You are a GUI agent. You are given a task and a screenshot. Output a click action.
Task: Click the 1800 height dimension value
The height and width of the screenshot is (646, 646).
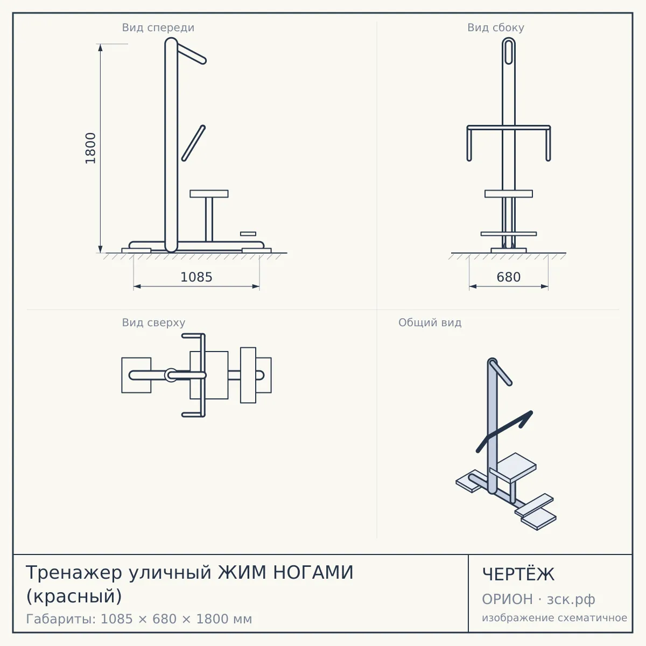tap(90, 148)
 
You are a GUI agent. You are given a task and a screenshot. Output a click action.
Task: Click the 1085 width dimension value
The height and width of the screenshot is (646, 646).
tap(196, 277)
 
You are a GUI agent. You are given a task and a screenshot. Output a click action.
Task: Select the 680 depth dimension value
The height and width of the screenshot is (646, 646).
tap(509, 277)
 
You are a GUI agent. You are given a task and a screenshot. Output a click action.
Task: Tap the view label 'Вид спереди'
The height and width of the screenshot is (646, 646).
tap(158, 27)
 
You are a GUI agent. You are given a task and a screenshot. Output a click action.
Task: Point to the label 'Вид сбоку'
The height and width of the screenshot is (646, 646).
tap(496, 27)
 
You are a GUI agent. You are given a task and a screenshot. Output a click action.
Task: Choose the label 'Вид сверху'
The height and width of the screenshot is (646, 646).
tap(153, 322)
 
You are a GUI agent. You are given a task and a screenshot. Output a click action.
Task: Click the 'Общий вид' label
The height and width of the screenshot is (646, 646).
tap(430, 322)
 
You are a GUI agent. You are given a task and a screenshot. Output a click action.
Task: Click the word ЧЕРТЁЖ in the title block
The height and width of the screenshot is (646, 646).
tap(518, 574)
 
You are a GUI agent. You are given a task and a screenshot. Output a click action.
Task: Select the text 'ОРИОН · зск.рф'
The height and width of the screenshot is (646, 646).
tap(538, 599)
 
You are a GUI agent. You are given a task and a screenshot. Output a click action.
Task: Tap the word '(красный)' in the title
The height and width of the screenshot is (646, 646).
tap(74, 596)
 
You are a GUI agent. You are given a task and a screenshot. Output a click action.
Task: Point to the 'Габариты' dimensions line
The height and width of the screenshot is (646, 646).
tap(139, 619)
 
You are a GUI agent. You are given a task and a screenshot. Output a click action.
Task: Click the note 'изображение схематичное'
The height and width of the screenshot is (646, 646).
tap(554, 617)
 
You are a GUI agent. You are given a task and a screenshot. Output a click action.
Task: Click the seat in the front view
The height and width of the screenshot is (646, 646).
tap(209, 194)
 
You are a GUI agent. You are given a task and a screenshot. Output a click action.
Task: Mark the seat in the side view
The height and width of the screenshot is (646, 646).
tap(509, 194)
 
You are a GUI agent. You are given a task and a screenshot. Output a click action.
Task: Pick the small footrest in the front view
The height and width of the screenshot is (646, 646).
tap(248, 234)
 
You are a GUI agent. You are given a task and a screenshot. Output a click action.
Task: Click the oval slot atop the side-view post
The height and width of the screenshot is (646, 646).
tap(509, 51)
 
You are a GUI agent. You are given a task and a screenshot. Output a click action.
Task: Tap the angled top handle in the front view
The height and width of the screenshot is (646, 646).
tap(191, 53)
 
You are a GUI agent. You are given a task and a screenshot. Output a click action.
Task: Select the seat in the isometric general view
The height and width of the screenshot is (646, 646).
tap(513, 467)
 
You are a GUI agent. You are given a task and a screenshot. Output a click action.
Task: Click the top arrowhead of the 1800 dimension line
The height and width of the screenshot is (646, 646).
tap(100, 47)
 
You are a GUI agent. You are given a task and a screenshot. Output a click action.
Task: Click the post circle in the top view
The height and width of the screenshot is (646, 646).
tap(171, 375)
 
